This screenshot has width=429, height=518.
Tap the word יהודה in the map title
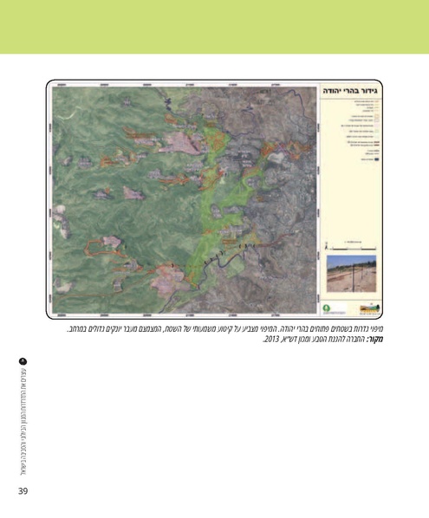pyautogui.click(x=335, y=90)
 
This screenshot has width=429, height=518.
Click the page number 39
pyautogui.click(x=24, y=492)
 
